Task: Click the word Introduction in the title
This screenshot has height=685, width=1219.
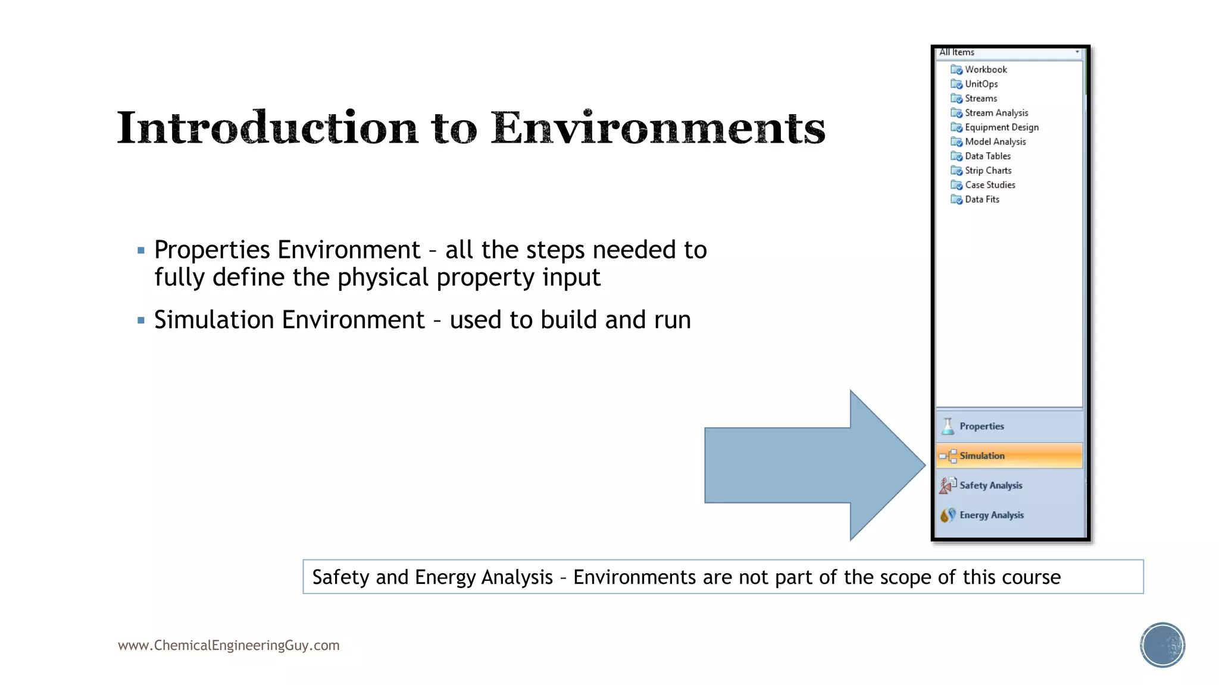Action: point(268,128)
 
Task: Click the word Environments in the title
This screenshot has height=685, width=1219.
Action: point(658,128)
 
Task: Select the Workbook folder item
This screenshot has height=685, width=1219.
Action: point(985,70)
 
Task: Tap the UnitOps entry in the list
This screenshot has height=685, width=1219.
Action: point(981,84)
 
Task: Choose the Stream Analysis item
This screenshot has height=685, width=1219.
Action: point(996,113)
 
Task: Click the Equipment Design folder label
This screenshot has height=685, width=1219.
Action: point(1001,127)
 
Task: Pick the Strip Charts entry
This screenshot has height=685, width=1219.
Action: point(987,171)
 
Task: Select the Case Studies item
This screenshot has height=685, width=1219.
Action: point(989,185)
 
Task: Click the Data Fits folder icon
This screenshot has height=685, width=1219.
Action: point(957,200)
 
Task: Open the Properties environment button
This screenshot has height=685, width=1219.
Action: point(982,426)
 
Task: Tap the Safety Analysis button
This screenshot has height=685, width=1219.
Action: point(990,486)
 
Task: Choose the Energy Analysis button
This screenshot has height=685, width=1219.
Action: point(991,516)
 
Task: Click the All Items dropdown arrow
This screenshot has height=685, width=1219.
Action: point(1077,52)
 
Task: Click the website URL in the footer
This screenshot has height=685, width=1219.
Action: point(229,646)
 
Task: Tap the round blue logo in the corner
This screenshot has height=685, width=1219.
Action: point(1162,645)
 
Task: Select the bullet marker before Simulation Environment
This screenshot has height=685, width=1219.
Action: point(141,320)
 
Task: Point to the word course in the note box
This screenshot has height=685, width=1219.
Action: point(1031,577)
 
